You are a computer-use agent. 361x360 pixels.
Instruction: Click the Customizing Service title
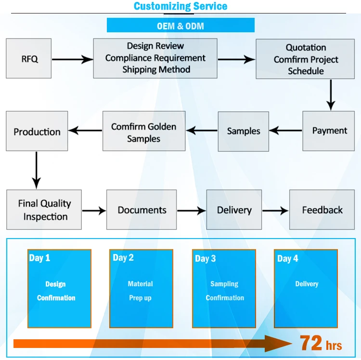click(x=180, y=6)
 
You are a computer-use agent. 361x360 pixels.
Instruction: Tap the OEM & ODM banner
click(x=180, y=26)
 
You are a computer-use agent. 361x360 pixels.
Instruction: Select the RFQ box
click(x=29, y=59)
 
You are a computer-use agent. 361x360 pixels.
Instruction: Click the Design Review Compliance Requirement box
click(x=155, y=58)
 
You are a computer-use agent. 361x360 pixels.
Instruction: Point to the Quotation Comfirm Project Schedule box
click(x=306, y=59)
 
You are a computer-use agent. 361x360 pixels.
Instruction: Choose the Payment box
click(x=329, y=131)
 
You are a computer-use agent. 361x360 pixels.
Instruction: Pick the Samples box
click(x=244, y=131)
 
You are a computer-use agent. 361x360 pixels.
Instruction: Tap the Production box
click(x=37, y=131)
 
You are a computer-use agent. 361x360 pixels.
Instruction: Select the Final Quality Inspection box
click(x=44, y=210)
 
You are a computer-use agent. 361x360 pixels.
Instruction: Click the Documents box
click(x=142, y=210)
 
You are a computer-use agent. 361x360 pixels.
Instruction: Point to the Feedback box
click(x=322, y=210)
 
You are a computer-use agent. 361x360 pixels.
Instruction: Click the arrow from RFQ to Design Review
click(x=72, y=59)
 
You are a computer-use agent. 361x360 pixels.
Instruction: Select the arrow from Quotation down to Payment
click(x=330, y=94)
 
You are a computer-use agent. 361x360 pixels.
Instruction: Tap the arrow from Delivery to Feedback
click(x=275, y=211)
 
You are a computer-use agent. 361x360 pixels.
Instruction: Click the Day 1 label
click(x=39, y=258)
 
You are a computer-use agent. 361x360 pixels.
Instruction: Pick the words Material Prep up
click(x=141, y=291)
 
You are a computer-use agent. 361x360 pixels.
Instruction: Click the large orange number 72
click(x=311, y=343)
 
